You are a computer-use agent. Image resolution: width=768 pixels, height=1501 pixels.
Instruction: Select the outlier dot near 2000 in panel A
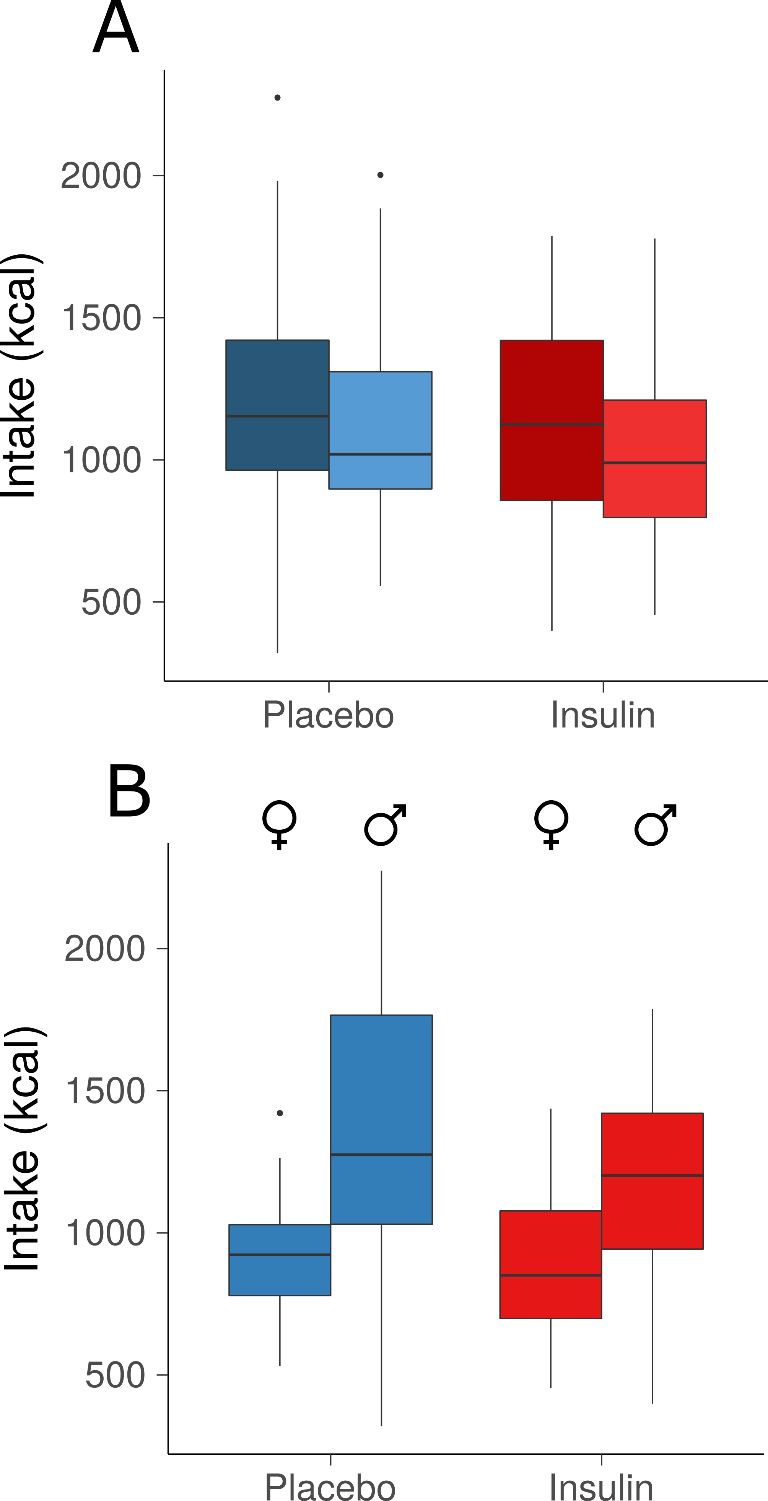(381, 175)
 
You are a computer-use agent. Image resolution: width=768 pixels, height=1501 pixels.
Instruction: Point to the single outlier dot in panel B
(280, 1113)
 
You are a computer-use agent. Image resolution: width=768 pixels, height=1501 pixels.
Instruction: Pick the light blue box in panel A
(381, 430)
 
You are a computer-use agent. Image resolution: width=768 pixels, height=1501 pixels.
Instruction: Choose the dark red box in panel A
(552, 420)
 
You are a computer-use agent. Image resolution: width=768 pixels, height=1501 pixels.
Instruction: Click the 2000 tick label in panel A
(101, 176)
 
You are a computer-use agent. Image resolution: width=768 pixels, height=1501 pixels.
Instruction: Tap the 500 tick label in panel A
(111, 602)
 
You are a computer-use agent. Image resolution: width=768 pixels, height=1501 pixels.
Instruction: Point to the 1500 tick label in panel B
(105, 1091)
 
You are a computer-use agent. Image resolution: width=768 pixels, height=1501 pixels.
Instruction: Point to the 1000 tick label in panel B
(105, 1233)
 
